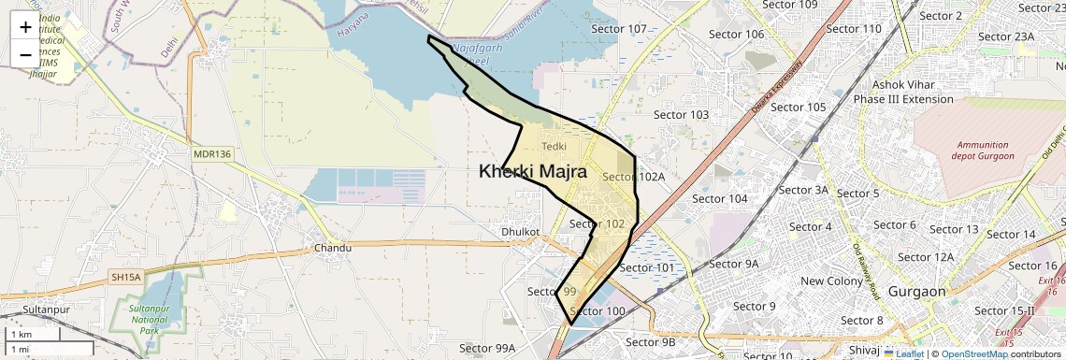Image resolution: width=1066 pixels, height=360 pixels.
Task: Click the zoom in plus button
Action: pos(25,27)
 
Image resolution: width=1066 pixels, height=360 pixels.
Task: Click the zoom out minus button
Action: pos(25,54)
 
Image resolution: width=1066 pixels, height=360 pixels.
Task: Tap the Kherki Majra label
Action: pos(532,171)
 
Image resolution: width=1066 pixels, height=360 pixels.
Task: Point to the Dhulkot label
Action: pos(521,230)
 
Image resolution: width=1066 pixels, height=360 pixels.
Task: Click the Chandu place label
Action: pos(332,248)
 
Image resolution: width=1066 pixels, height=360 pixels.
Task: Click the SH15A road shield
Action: pos(125,277)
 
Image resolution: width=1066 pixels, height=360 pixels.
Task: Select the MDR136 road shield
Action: pos(212,153)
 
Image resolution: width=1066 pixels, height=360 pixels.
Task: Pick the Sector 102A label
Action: pos(634,176)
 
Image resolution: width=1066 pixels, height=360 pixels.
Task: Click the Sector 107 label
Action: pos(620,29)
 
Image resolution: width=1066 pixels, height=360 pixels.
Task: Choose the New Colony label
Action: pos(831,281)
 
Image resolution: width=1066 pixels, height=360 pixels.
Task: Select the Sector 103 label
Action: pos(681,114)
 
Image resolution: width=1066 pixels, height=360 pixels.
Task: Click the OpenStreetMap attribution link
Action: pos(973,353)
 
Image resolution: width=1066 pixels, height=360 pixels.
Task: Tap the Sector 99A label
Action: pos(487,348)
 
